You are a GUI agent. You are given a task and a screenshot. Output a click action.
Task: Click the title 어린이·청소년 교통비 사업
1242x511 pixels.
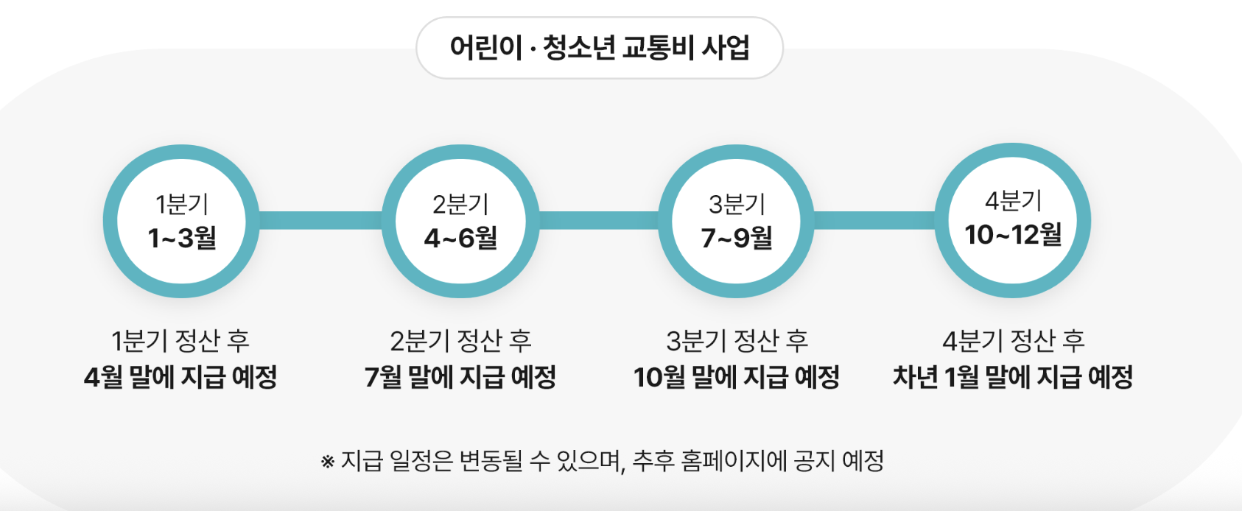coord(600,48)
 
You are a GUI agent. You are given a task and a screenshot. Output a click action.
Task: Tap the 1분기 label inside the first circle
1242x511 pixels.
coord(181,204)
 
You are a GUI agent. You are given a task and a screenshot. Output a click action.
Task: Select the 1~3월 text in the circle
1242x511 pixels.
coord(181,238)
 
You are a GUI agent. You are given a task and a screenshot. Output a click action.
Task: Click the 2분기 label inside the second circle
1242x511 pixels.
coord(460,204)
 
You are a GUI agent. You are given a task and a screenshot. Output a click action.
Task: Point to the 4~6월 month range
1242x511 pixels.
coord(460,238)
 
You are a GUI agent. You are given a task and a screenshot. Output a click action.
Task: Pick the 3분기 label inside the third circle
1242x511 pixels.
coord(737,204)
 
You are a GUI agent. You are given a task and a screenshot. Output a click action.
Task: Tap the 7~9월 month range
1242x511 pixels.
coord(737,238)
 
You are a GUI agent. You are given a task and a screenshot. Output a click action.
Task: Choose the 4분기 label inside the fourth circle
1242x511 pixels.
coord(1013,200)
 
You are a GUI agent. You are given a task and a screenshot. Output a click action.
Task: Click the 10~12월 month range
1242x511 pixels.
coord(1013,235)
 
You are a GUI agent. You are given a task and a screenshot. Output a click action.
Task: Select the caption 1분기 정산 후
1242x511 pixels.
coord(180,341)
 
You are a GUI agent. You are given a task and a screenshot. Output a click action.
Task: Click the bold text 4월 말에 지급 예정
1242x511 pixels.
coord(180,377)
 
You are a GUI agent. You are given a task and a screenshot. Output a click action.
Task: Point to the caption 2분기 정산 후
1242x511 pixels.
coord(460,341)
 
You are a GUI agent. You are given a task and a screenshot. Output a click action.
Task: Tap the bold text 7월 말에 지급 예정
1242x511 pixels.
coord(460,377)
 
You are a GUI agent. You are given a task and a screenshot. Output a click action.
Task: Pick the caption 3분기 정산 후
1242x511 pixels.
coord(737,341)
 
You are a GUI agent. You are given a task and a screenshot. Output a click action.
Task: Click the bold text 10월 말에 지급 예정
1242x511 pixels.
coord(737,377)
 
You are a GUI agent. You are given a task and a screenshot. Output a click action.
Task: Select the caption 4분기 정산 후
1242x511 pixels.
coord(1013,341)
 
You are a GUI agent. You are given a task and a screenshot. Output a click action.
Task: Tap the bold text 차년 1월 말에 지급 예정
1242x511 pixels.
coord(1013,377)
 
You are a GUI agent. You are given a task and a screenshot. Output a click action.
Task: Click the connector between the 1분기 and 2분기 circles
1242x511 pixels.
coord(320,220)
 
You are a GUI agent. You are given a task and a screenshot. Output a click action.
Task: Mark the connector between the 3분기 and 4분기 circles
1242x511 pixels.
coord(874,220)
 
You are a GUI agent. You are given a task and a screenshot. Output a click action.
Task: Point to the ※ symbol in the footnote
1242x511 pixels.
coord(328,462)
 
